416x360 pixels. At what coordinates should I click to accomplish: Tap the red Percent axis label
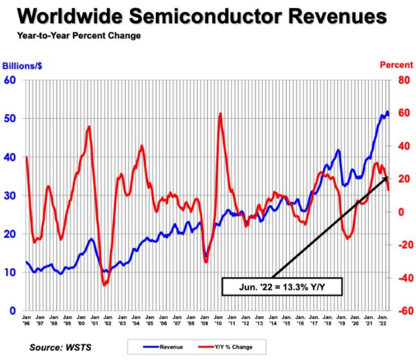(396, 65)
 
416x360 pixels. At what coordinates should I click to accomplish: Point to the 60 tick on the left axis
(11, 80)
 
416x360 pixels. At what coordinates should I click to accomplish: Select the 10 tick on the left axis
(11, 272)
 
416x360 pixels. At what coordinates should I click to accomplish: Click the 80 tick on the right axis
(403, 80)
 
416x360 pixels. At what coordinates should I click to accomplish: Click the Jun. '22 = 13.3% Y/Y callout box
(276, 287)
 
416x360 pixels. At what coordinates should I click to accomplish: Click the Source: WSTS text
(60, 347)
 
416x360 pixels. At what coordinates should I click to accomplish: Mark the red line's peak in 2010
(220, 114)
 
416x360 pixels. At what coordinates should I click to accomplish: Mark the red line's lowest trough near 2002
(104, 285)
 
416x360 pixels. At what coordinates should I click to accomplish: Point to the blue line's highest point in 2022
(387, 111)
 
